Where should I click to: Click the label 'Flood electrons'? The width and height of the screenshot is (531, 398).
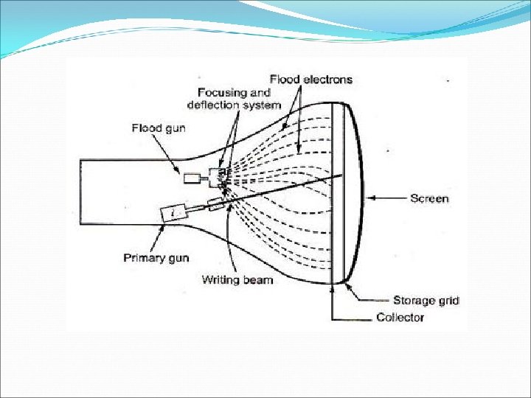[310, 79]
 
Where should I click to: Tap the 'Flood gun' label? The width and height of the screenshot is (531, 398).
[159, 128]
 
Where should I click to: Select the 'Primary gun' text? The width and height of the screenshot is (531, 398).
[156, 258]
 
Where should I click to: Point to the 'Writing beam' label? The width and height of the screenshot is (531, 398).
[237, 279]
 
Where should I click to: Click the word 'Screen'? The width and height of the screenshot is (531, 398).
[429, 198]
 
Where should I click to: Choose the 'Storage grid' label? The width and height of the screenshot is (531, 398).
[426, 300]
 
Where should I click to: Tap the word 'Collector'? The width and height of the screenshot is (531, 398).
[400, 317]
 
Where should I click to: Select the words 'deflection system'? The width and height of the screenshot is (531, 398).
[234, 105]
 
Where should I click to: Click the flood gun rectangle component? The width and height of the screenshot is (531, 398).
[194, 177]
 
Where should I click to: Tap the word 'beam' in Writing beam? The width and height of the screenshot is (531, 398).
[257, 279]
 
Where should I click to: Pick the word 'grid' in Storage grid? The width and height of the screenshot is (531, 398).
[448, 300]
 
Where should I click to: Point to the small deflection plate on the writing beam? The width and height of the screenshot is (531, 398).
[216, 203]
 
